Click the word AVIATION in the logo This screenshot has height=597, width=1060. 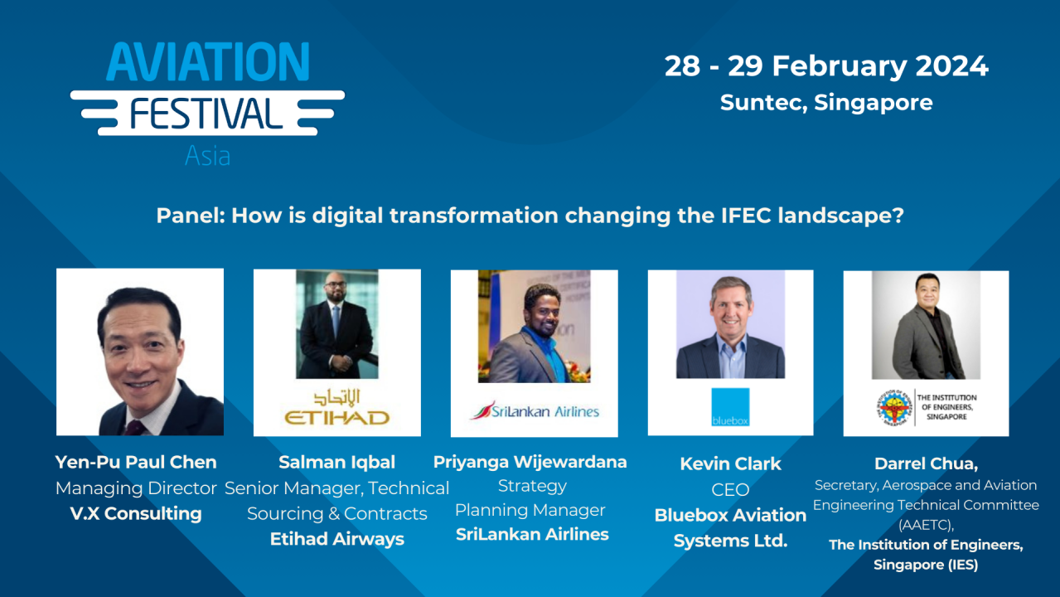[x=207, y=62]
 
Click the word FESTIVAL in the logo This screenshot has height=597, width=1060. [x=206, y=113]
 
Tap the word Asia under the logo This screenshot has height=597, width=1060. [x=207, y=156]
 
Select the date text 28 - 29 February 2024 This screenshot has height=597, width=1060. [x=826, y=66]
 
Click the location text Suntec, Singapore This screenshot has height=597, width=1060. [x=826, y=103]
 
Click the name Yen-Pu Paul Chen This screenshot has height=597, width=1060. [x=136, y=463]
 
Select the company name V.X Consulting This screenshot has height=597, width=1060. [x=136, y=514]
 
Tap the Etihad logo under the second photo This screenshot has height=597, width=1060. [x=336, y=408]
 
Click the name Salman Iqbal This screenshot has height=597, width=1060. [x=336, y=463]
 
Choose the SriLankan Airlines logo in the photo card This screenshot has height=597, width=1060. [x=534, y=410]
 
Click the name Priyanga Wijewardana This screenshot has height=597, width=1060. [x=530, y=462]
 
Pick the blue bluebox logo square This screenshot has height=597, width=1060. [x=730, y=407]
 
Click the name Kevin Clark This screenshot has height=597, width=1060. [x=730, y=464]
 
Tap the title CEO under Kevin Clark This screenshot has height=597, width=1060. [x=730, y=490]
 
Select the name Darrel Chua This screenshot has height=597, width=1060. [x=926, y=464]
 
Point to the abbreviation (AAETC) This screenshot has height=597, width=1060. [x=926, y=525]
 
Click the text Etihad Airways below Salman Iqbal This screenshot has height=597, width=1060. [x=336, y=539]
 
